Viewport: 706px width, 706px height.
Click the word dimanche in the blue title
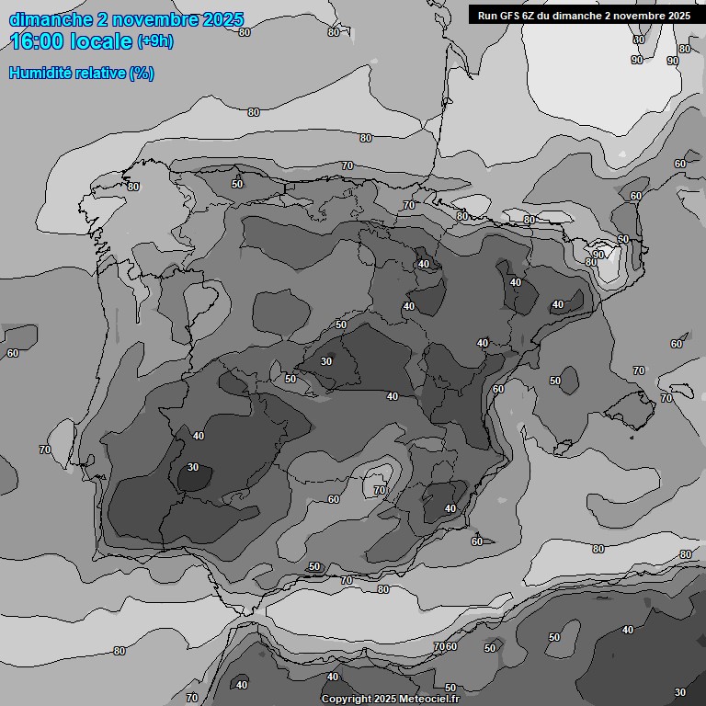click(50, 19)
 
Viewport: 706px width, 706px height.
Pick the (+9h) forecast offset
click(154, 41)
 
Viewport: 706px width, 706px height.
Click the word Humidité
click(41, 73)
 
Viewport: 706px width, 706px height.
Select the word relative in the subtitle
click(101, 73)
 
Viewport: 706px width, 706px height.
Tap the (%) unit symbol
click(142, 73)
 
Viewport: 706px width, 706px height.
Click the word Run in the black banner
click(488, 16)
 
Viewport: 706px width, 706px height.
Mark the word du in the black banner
click(551, 16)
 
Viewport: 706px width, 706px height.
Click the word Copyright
click(347, 699)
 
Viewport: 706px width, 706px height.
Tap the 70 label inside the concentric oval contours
click(380, 490)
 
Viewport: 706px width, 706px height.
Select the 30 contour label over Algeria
click(680, 692)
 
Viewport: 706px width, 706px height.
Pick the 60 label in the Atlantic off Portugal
click(13, 353)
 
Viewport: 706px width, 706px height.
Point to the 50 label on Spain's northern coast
click(237, 184)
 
